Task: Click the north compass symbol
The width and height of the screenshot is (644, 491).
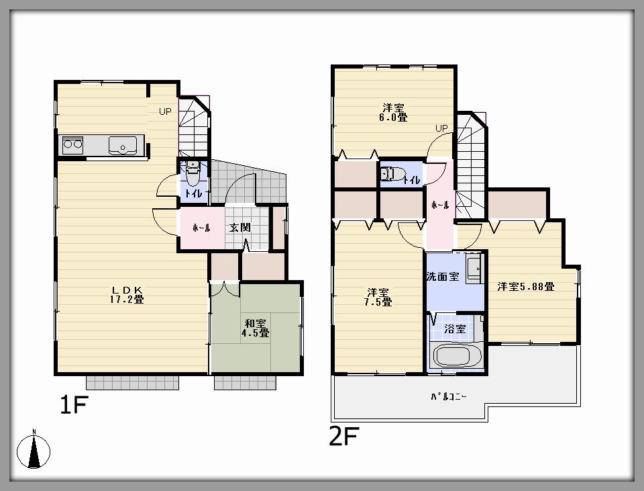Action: pyautogui.click(x=35, y=451)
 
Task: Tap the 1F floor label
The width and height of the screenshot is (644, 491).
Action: pyautogui.click(x=74, y=406)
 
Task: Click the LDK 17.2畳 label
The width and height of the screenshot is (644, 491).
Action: pyautogui.click(x=127, y=295)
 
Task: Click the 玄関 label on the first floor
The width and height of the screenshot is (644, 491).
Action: pyautogui.click(x=240, y=228)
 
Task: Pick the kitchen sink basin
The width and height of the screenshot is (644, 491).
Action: pyautogui.click(x=122, y=144)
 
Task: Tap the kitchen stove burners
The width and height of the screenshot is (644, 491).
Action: pyautogui.click(x=72, y=143)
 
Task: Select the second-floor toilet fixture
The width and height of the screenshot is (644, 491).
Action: pyautogui.click(x=391, y=175)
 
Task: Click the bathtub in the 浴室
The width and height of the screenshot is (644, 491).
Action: pyautogui.click(x=455, y=355)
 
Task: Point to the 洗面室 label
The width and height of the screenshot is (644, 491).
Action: pyautogui.click(x=443, y=276)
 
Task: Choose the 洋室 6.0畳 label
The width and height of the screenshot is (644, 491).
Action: pyautogui.click(x=394, y=112)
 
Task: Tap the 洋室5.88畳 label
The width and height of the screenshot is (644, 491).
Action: pyautogui.click(x=525, y=287)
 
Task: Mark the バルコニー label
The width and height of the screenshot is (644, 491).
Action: pyautogui.click(x=449, y=396)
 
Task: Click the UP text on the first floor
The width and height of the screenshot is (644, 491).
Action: pyautogui.click(x=165, y=112)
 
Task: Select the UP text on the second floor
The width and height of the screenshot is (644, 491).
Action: pyautogui.click(x=441, y=128)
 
